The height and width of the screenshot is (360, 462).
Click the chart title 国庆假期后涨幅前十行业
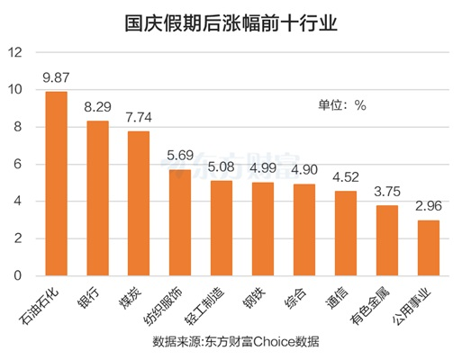pos(231,22)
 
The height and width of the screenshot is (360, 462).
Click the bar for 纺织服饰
pos(180,221)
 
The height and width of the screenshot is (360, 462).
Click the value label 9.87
pos(56,78)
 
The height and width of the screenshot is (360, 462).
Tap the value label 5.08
pos(222,166)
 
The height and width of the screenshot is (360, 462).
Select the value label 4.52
pos(346,177)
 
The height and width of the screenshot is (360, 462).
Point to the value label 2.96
pos(429,206)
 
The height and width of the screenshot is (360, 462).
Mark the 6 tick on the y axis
pos(15,165)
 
